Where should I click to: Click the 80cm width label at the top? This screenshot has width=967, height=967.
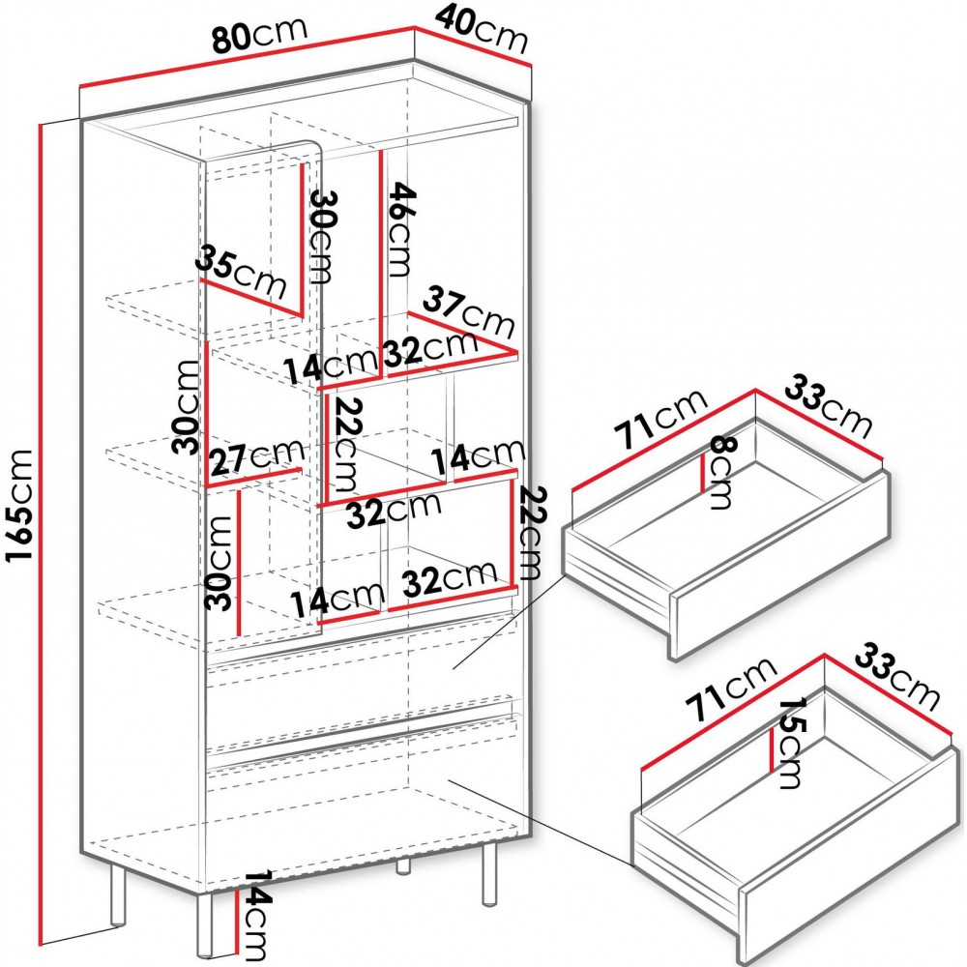[259, 35]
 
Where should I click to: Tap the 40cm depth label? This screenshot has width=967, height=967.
[482, 29]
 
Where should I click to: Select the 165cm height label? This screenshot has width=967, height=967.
[17, 505]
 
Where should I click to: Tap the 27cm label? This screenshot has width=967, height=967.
[257, 458]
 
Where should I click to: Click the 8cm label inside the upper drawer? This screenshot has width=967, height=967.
[719, 472]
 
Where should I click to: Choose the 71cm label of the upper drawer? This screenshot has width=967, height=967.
[662, 420]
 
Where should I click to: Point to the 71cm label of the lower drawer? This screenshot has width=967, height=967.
[731, 689]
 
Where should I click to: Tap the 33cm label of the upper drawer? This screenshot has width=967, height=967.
[829, 409]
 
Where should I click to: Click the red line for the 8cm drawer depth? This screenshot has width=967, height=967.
[703, 473]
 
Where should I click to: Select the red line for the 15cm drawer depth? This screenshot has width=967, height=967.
[772, 750]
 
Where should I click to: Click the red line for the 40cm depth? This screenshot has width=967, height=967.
[473, 45]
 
